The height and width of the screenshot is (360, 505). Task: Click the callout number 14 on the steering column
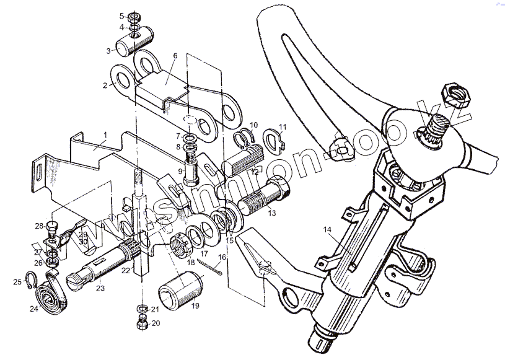pyautogui.click(x=327, y=230)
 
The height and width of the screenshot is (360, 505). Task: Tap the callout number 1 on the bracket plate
pyautogui.click(x=105, y=134)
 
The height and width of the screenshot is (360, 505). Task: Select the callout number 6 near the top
pyautogui.click(x=175, y=56)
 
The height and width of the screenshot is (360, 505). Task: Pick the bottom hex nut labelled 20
pyautogui.click(x=141, y=323)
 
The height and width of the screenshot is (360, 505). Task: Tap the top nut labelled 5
pyautogui.click(x=134, y=16)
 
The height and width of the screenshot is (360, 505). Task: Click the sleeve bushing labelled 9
pyautogui.click(x=190, y=167)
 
